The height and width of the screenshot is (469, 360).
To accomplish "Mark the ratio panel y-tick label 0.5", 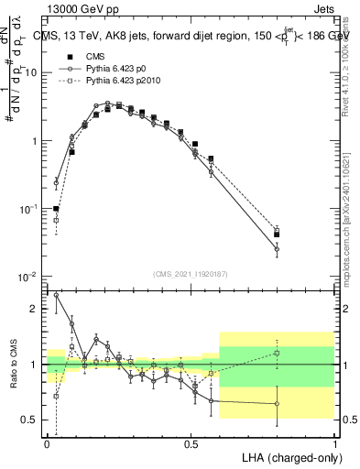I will [x=30, y=420].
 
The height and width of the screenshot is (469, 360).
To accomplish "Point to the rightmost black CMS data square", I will [x=277, y=234].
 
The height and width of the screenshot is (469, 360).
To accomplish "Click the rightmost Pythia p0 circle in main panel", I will [x=277, y=248].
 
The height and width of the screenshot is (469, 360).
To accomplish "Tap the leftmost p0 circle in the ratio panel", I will [x=57, y=295].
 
